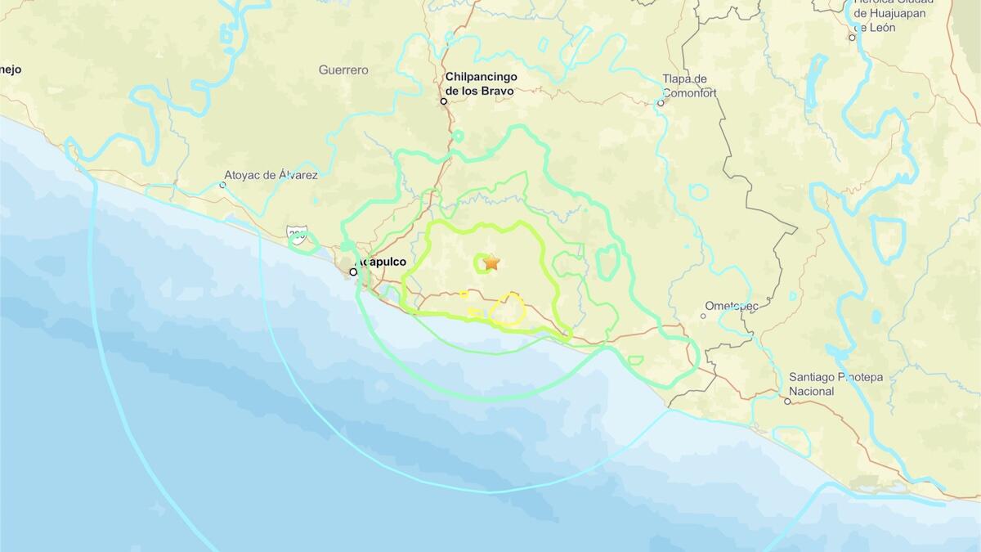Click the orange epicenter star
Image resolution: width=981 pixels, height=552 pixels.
pyautogui.click(x=491, y=262)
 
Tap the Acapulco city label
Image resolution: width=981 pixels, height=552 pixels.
pyautogui.click(x=383, y=263)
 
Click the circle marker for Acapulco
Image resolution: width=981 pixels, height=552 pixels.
pyautogui.click(x=354, y=272)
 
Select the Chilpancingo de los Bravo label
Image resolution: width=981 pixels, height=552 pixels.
pyautogui.click(x=481, y=84)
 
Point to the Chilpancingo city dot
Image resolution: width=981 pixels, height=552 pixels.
pyautogui.click(x=444, y=101)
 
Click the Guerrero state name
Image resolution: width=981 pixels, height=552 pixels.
pyautogui.click(x=343, y=70)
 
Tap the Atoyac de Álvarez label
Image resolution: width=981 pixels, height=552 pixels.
pyautogui.click(x=271, y=175)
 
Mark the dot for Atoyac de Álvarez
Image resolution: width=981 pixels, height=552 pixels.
pyautogui.click(x=222, y=185)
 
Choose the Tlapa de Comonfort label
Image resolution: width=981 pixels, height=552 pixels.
pyautogui.click(x=689, y=86)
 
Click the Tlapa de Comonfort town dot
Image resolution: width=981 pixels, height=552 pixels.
pyautogui.click(x=661, y=103)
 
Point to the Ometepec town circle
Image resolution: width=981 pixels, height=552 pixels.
pyautogui.click(x=703, y=316)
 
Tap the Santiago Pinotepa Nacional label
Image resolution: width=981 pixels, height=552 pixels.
pyautogui.click(x=835, y=384)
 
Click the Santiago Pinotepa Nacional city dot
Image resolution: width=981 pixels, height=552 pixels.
pyautogui.click(x=787, y=401)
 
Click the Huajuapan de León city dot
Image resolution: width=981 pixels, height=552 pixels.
pyautogui.click(x=852, y=37)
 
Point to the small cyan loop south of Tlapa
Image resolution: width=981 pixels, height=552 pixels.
pyautogui.click(x=698, y=192)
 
